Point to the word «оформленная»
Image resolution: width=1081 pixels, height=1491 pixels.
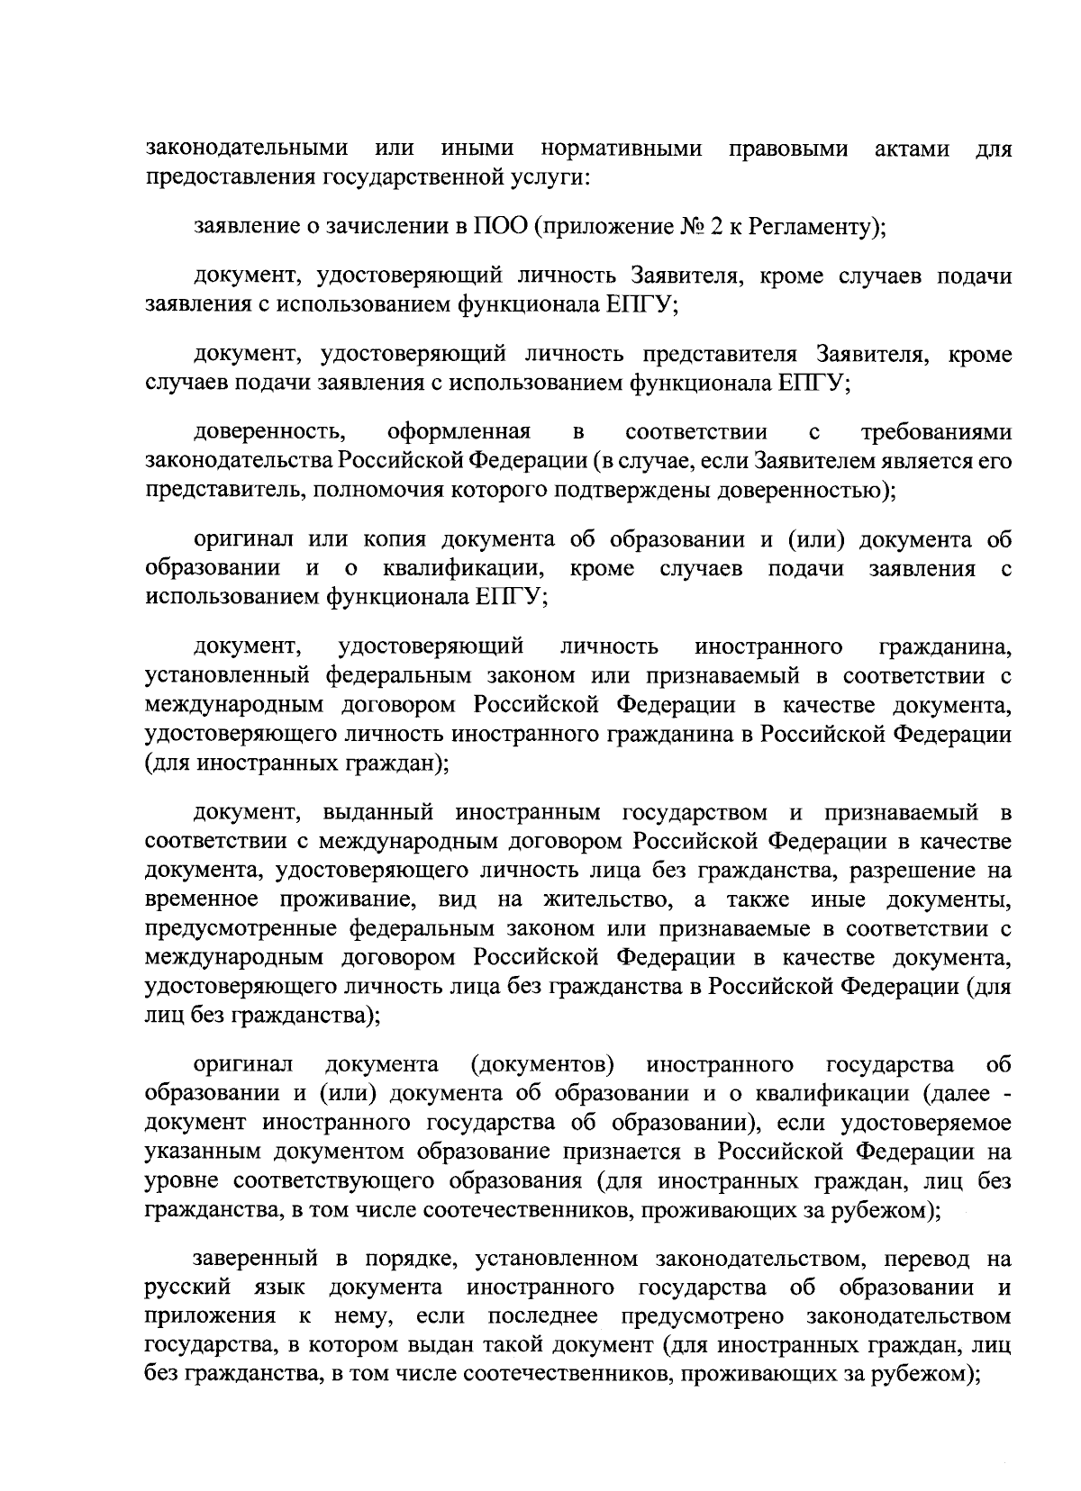click(x=459, y=433)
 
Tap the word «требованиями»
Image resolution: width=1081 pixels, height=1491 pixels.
click(x=936, y=433)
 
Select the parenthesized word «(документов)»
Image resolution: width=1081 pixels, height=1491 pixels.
click(x=543, y=1065)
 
